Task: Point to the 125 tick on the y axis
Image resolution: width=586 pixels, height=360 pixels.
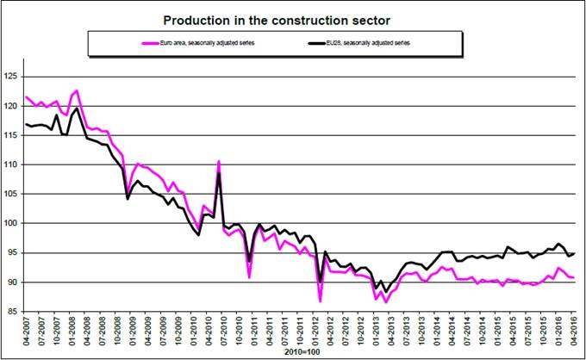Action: (11, 77)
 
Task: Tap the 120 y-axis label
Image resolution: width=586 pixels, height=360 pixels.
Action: (11, 106)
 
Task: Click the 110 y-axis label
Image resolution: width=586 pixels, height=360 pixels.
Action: (11, 164)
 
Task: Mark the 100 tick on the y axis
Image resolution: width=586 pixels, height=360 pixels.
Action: (11, 223)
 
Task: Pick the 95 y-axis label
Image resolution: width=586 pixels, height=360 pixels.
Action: (13, 252)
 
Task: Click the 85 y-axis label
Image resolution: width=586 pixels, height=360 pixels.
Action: (13, 311)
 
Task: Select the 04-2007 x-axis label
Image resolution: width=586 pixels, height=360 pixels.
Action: (27, 332)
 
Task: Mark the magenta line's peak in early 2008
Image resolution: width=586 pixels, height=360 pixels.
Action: (77, 90)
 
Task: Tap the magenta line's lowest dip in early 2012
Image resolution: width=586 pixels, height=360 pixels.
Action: (320, 301)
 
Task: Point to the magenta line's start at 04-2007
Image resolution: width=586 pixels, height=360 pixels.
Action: (27, 97)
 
